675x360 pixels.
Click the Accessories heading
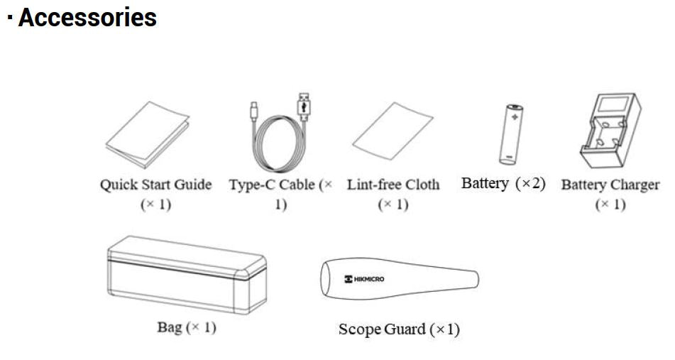(x=86, y=17)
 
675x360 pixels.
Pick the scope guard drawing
(x=397, y=280)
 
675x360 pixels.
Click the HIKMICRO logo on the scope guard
(x=364, y=279)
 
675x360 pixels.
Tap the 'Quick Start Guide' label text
(x=155, y=185)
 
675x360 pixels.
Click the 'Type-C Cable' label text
(x=273, y=185)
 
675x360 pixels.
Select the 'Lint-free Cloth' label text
(x=393, y=185)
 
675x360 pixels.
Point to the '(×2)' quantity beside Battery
(x=530, y=183)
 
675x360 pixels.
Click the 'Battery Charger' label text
(x=610, y=185)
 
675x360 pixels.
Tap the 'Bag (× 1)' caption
(x=186, y=328)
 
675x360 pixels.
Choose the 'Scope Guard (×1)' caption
(x=399, y=329)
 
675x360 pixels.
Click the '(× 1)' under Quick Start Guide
(x=155, y=205)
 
